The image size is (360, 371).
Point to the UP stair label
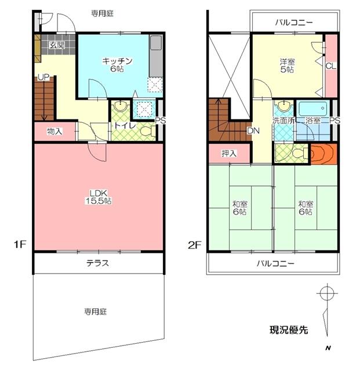click(43, 76)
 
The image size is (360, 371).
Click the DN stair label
click(253, 131)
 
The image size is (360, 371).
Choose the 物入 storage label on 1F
click(54, 132)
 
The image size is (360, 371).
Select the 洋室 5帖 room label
click(287, 65)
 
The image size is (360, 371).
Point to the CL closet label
click(331, 66)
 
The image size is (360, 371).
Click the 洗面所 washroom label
click(284, 121)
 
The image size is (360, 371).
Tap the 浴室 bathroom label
click(314, 121)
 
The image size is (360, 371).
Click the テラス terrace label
click(98, 263)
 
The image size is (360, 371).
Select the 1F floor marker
click(20, 245)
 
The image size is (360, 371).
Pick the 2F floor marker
click(194, 245)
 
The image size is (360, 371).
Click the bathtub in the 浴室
click(312, 109)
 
